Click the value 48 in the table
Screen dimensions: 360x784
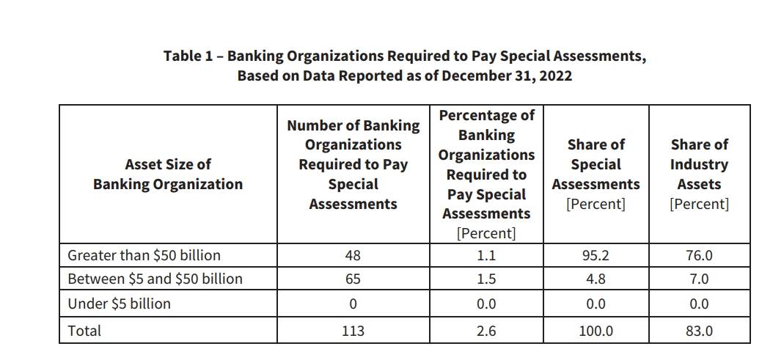pos(353,255)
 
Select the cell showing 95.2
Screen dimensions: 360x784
pos(596,255)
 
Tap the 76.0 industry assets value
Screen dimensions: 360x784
pos(699,255)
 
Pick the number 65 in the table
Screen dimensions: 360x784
pos(353,279)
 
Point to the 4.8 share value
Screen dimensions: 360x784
pos(596,279)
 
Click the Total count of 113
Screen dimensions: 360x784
pos(353,331)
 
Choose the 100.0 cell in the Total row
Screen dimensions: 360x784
pos(596,331)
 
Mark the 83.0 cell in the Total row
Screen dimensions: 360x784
pos(699,331)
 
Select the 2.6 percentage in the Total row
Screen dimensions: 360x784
pos(486,331)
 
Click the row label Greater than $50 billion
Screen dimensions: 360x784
pos(144,255)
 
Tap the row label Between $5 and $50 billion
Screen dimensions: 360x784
pos(155,279)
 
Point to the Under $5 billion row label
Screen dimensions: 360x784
pos(119,304)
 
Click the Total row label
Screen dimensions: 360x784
pos(84,331)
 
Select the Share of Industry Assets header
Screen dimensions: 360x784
pos(699,174)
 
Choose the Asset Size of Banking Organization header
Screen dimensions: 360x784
pos(167,175)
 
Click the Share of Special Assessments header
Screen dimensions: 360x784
pos(596,174)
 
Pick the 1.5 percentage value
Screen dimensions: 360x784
pos(486,279)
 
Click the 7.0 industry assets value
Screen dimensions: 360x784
pos(699,279)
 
